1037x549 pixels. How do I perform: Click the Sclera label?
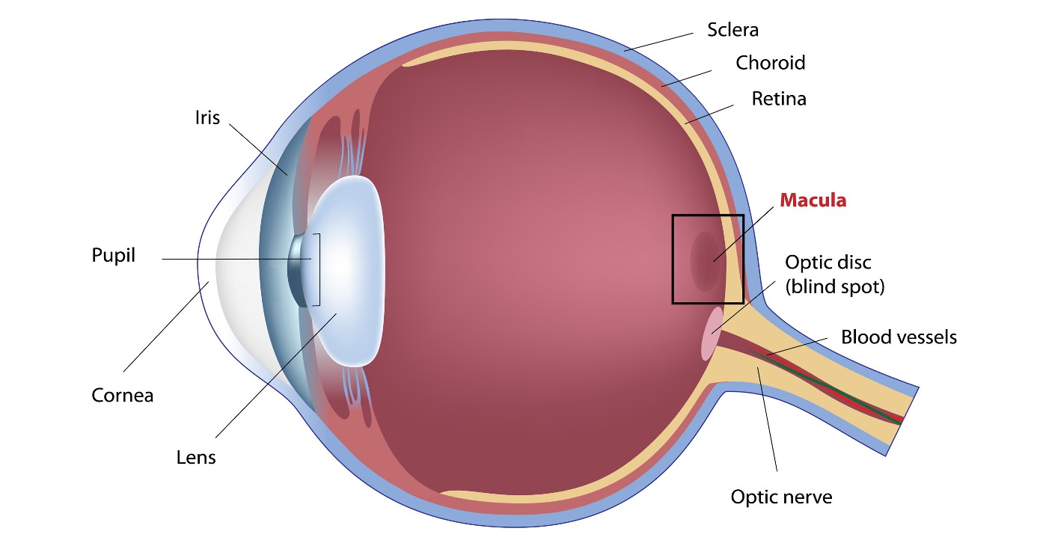click(732, 30)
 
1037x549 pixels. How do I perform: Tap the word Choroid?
click(771, 63)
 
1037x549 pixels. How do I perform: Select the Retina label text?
click(779, 99)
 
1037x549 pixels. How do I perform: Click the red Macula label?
click(813, 200)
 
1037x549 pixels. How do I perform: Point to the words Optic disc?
click(828, 263)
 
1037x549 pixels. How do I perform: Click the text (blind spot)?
click(835, 286)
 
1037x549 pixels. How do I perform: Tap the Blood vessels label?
click(899, 337)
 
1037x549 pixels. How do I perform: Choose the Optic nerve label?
click(781, 497)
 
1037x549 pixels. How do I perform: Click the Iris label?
click(207, 117)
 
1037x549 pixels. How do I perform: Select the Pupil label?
click(114, 255)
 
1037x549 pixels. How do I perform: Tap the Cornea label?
click(122, 396)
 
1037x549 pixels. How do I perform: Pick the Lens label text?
click(196, 457)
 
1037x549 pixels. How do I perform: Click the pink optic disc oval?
click(712, 334)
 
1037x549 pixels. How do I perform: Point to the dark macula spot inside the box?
click(706, 262)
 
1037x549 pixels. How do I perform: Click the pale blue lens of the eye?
click(348, 272)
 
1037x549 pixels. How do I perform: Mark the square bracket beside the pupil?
click(319, 270)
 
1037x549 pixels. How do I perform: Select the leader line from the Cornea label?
click(166, 326)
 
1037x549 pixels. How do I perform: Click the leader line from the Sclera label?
click(658, 42)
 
